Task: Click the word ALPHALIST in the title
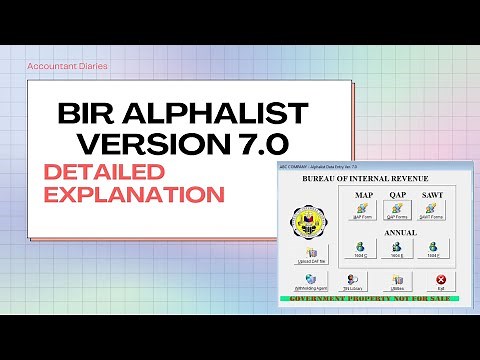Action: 224,107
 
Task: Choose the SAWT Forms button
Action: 432,210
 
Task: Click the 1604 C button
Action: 361,247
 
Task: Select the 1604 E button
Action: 396,247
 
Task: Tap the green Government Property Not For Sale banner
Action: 371,297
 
